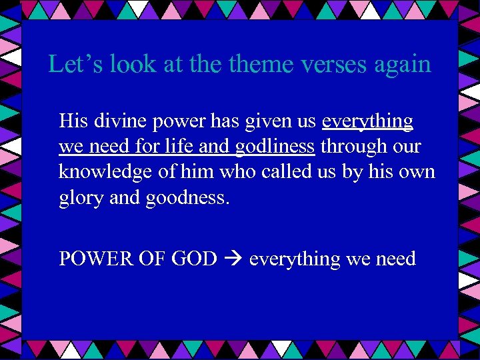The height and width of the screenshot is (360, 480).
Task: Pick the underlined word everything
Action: click(x=367, y=122)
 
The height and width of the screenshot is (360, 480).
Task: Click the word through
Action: click(x=353, y=147)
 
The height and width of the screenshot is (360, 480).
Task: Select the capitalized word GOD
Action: click(x=194, y=259)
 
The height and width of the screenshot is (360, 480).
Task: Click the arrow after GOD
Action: click(x=233, y=259)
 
